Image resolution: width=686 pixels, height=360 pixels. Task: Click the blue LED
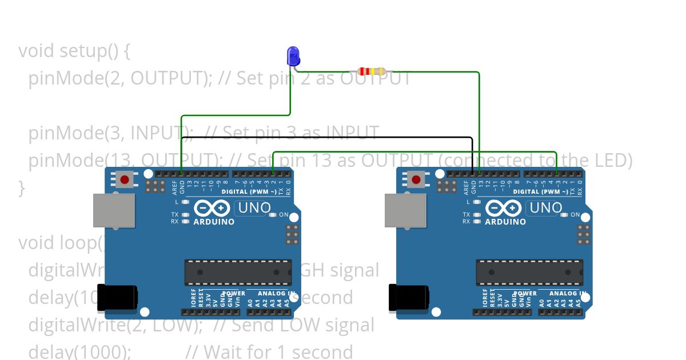[293, 56]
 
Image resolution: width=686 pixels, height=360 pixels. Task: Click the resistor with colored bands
[371, 71]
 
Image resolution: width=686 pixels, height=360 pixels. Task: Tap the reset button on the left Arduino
[125, 180]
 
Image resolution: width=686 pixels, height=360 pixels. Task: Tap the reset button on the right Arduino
[416, 180]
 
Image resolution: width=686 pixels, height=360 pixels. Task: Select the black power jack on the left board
[117, 298]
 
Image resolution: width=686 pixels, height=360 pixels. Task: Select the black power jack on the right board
[408, 298]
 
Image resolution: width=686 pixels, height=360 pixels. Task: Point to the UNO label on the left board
[252, 208]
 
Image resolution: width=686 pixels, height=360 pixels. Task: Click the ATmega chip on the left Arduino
[238, 272]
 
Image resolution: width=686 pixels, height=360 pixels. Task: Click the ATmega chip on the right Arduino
[529, 272]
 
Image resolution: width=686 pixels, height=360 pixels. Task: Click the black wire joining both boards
[326, 138]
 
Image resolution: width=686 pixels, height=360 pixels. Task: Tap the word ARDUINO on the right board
[505, 222]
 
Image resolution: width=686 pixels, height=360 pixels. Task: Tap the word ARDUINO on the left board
[214, 222]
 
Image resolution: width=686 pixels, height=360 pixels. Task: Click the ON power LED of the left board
[273, 215]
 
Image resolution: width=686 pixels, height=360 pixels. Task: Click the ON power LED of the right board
[565, 215]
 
